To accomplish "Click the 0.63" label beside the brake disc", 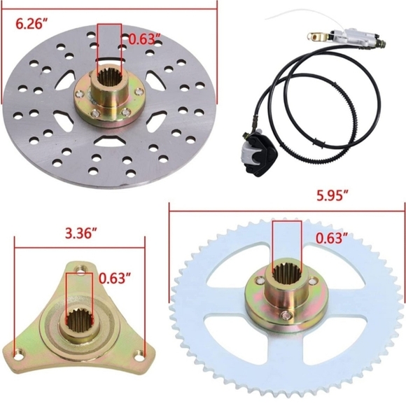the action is tap(143, 39).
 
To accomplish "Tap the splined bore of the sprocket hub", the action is tap(287, 274).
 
